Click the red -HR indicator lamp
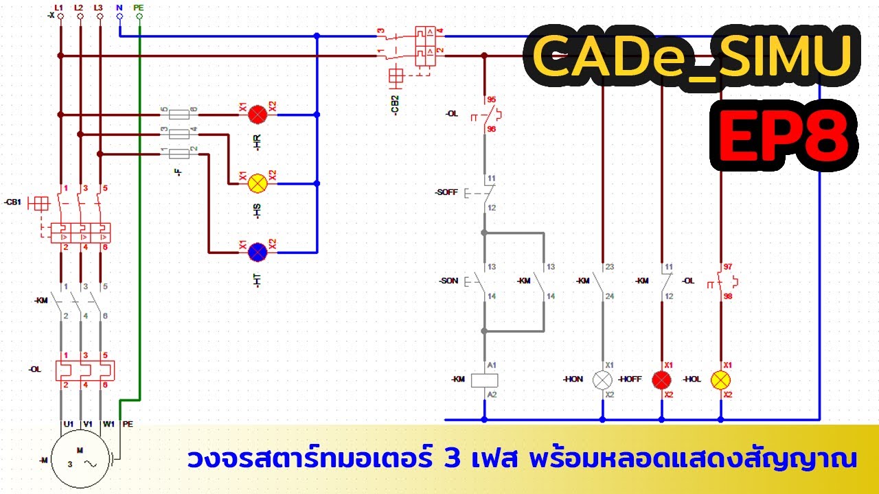[x=258, y=115]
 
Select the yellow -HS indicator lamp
[x=258, y=183]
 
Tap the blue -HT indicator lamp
[x=258, y=252]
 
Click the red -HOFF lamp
[x=661, y=379]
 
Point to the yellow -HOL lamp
[x=720, y=379]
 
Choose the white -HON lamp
[x=602, y=379]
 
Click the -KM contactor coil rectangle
[x=484, y=379]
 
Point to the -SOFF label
[x=446, y=193]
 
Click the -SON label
[x=448, y=281]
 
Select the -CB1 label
[x=13, y=202]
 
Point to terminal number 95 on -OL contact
[x=491, y=99]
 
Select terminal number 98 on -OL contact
[x=727, y=296]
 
